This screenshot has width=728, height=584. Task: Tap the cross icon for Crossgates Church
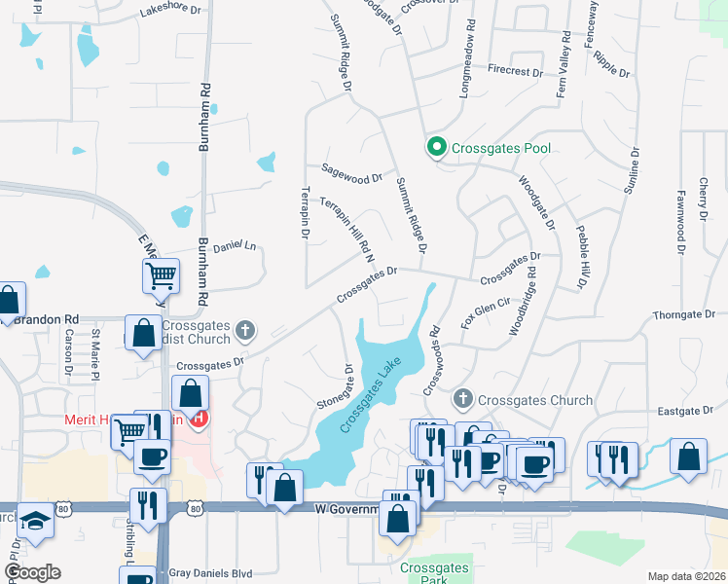pyautogui.click(x=463, y=400)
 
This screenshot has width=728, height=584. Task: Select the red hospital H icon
pyautogui.click(x=200, y=420)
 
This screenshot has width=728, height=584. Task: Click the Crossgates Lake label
pyautogui.click(x=371, y=396)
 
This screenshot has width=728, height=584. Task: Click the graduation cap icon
pyautogui.click(x=35, y=522)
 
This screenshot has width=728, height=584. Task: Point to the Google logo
pyautogui.click(x=31, y=572)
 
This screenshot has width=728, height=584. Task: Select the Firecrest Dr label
pyautogui.click(x=515, y=71)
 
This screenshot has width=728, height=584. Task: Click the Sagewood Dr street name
pyautogui.click(x=352, y=178)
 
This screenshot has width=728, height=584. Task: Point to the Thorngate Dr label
pyautogui.click(x=684, y=314)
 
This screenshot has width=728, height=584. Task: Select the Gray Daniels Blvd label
pyautogui.click(x=210, y=573)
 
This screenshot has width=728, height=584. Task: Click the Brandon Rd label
pyautogui.click(x=45, y=318)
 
